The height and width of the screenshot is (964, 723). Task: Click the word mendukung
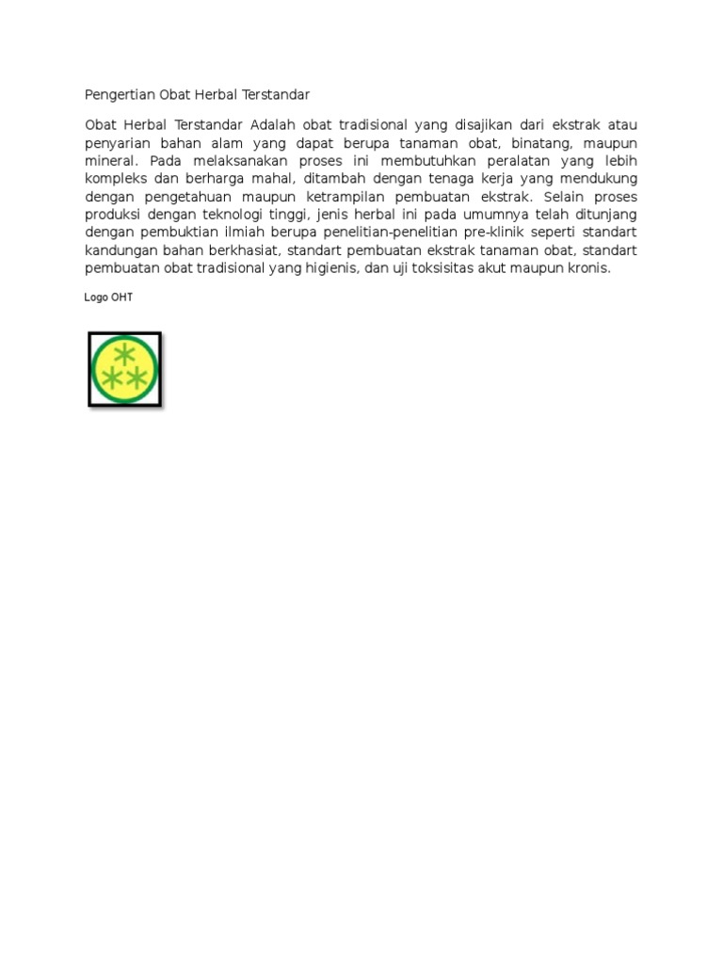point(596,179)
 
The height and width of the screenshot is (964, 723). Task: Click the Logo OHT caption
point(108,297)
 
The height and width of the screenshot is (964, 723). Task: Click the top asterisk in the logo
point(123,355)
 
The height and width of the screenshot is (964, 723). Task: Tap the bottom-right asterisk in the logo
point(137,378)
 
